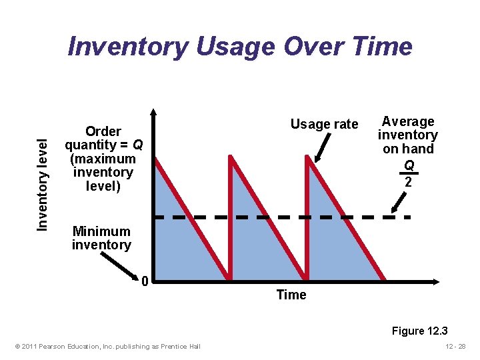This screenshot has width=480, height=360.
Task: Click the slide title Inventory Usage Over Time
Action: tap(240, 47)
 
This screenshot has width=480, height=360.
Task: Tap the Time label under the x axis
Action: tap(291, 295)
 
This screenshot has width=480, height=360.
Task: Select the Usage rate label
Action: tap(324, 124)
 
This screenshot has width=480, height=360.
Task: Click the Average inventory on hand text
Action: tap(407, 135)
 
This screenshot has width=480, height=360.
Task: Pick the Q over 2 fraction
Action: tap(409, 173)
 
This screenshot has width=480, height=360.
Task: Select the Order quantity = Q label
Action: tap(103, 159)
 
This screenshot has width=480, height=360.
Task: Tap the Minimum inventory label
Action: tap(101, 238)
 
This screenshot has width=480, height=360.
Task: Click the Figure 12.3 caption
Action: tap(419, 331)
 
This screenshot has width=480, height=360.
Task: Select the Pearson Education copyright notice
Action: tap(107, 346)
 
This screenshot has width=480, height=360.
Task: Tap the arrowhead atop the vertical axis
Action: tap(153, 114)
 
